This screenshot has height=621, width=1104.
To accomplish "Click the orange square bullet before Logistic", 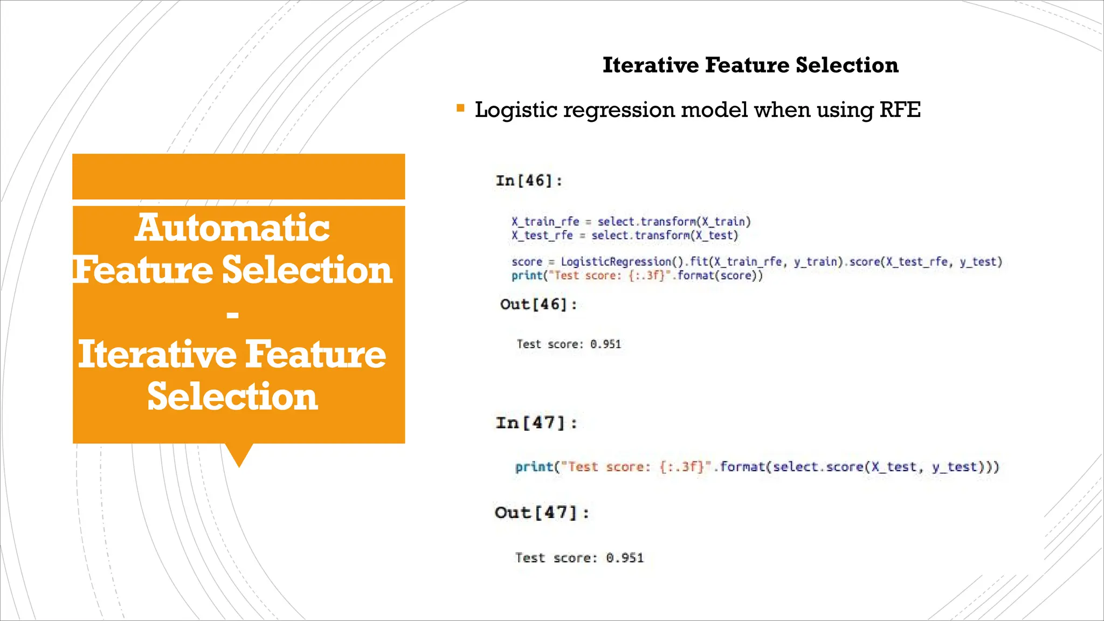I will pyautogui.click(x=460, y=108).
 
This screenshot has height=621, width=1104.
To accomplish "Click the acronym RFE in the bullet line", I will pyautogui.click(x=900, y=110).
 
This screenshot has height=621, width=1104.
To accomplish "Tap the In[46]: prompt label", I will pyautogui.click(x=529, y=181).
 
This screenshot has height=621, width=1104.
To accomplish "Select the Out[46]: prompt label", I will pyautogui.click(x=538, y=305).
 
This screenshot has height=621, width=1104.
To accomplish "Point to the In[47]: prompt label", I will pyautogui.click(x=536, y=423).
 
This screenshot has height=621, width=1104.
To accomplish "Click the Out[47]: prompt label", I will pyautogui.click(x=541, y=512).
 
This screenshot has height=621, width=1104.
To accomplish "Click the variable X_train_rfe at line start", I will pyautogui.click(x=545, y=222).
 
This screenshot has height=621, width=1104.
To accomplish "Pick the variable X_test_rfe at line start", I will pyautogui.click(x=542, y=236).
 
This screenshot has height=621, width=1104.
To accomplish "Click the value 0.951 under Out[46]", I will pyautogui.click(x=605, y=344).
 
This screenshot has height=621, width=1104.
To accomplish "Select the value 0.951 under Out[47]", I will pyautogui.click(x=624, y=558).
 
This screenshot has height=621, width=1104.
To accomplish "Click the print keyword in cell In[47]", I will pyautogui.click(x=534, y=467).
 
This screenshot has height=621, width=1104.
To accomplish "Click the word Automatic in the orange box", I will pyautogui.click(x=232, y=227).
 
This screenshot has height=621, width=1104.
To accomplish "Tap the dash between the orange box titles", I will pyautogui.click(x=232, y=314).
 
